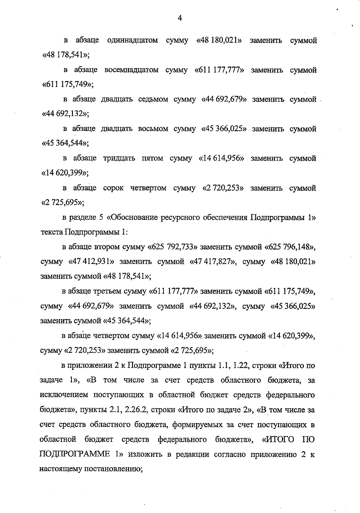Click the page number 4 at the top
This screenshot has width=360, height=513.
pos(180,18)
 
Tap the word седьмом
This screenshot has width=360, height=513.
pos(153,99)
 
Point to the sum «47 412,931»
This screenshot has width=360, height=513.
pos(91,262)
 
